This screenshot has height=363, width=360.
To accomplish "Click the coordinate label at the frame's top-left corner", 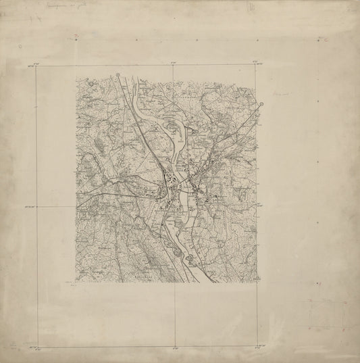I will pyautogui.click(x=31, y=65).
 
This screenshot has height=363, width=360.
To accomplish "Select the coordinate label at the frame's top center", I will pyautogui.click(x=175, y=62).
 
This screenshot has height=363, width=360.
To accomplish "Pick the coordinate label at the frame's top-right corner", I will pyautogui.click(x=257, y=62).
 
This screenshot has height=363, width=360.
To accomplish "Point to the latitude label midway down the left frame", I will pyautogui.click(x=30, y=208).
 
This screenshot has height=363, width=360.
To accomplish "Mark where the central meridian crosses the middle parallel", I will pyautogui.click(x=175, y=206).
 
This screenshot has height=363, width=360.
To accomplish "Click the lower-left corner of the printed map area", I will pyautogui.click(x=75, y=283).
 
